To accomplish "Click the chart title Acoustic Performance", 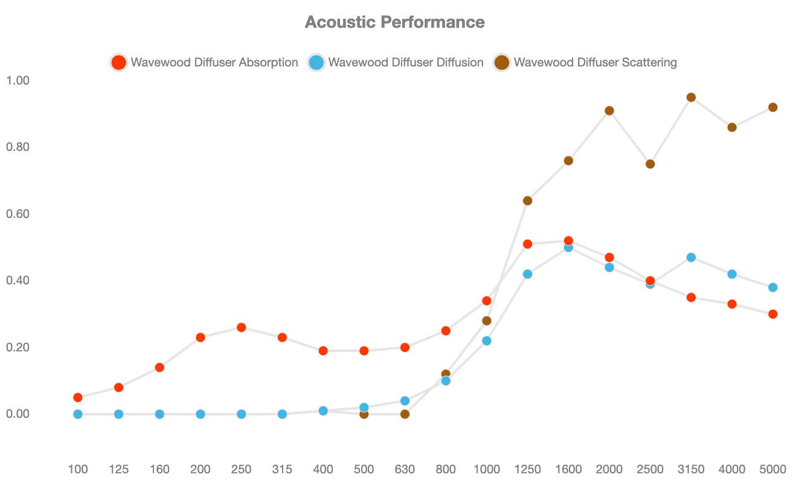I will click(394, 22).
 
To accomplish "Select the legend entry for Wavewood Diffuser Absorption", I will click(214, 62).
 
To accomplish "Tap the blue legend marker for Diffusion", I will click(316, 62).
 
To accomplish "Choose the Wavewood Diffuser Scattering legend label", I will click(594, 62).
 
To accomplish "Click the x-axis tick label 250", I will click(241, 469).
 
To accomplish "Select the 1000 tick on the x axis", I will click(487, 469).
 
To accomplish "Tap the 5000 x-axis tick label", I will click(773, 469).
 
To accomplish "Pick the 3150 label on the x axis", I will click(691, 469).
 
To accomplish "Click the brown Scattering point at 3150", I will click(691, 97).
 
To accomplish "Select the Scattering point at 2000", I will click(609, 110).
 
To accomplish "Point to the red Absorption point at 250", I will click(241, 327).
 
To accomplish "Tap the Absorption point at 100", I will click(77, 397).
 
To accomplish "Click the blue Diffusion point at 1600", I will click(568, 248).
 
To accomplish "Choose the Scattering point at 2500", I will click(650, 164).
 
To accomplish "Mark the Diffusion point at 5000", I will click(773, 287).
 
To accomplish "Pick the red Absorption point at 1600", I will click(568, 240).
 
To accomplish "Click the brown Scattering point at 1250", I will click(527, 200).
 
